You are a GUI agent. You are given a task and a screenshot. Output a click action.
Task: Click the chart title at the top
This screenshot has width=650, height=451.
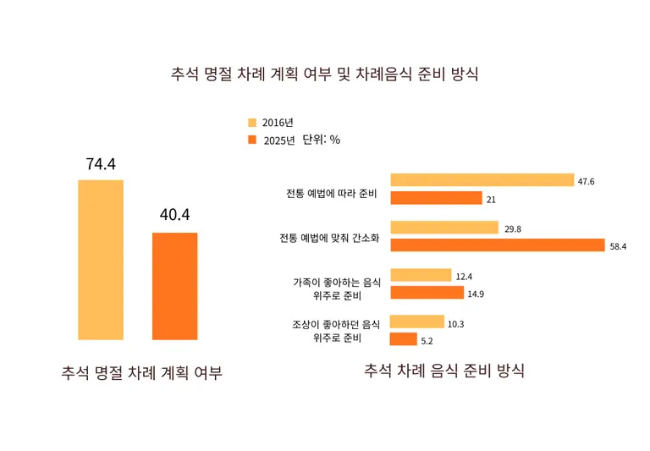tap(325, 73)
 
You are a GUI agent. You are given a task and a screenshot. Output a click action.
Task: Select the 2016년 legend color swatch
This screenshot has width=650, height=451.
tap(251, 123)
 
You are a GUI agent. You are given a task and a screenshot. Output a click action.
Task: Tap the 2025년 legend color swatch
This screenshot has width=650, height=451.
tap(251, 140)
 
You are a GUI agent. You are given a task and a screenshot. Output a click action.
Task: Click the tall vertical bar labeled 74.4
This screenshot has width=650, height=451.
tap(101, 259)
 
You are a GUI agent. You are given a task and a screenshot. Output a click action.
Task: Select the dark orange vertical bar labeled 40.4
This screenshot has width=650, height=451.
tap(175, 286)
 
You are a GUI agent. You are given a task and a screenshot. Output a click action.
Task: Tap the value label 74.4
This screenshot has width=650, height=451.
tap(101, 164)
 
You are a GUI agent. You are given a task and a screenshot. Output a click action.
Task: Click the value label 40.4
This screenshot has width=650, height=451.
tap(175, 214)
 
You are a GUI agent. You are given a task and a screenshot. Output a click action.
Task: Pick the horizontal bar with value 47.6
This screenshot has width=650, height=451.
tap(482, 179)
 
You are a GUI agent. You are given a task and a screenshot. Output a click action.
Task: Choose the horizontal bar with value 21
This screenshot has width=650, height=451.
tap(436, 198)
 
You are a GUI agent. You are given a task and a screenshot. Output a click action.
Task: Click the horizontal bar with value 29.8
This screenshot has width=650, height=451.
tap(444, 228)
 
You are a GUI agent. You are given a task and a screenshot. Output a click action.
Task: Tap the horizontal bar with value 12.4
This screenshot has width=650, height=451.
tap(421, 275)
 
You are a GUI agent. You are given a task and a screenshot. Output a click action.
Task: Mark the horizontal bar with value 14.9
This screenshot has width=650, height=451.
tap(427, 293)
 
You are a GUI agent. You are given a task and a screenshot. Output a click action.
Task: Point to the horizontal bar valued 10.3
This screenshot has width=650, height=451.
tap(416, 322)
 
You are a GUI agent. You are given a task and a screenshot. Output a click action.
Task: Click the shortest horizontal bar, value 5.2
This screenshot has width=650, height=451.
tap(403, 339)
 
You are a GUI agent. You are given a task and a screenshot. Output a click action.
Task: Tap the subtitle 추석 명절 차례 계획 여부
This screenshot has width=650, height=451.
tap(142, 372)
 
